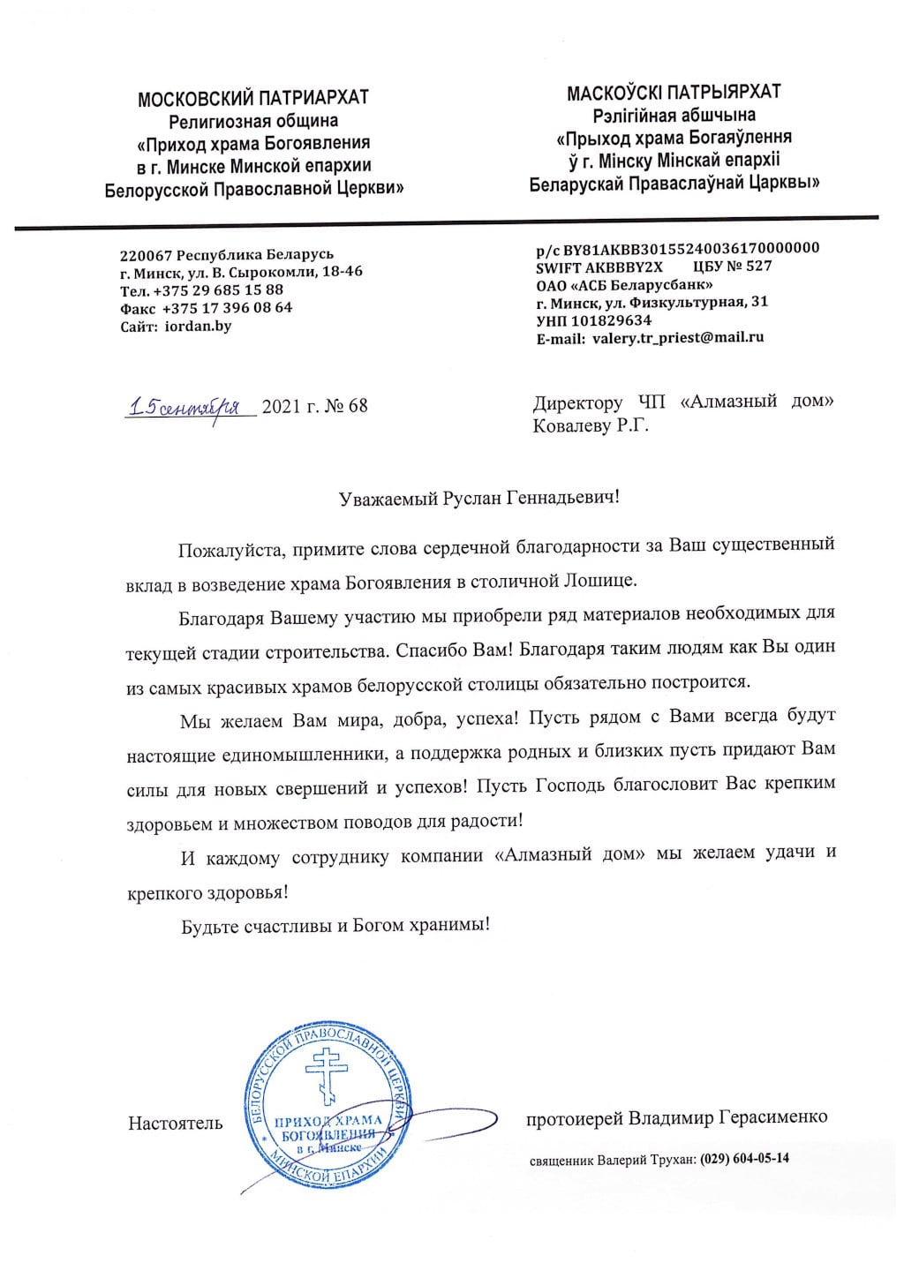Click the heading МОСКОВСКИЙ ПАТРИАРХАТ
click(x=252, y=98)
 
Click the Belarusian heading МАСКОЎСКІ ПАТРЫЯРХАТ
click(x=673, y=93)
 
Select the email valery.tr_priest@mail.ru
click(x=678, y=337)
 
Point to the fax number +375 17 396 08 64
click(x=227, y=308)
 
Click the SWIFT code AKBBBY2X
click(x=623, y=267)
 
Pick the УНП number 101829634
click(x=611, y=320)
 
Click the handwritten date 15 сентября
click(x=185, y=407)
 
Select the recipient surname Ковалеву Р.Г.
click(x=591, y=426)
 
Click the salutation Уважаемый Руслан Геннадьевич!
click(x=478, y=498)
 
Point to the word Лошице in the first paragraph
click(x=598, y=582)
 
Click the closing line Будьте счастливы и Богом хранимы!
click(x=335, y=926)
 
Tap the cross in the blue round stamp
click(x=326, y=1074)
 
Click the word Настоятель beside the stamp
click(x=175, y=1124)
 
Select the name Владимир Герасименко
click(x=727, y=1118)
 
